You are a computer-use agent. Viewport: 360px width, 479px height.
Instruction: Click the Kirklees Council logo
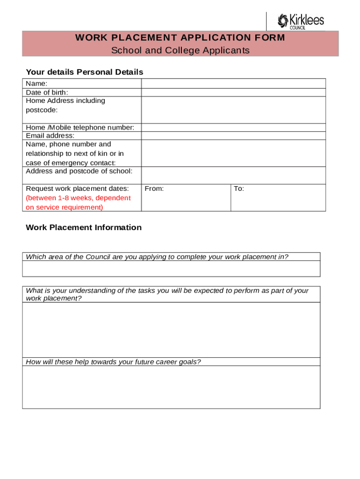(x=300, y=21)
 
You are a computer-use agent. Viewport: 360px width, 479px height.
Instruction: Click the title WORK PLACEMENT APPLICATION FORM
(x=180, y=38)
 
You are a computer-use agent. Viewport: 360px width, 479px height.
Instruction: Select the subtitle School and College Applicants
(x=180, y=51)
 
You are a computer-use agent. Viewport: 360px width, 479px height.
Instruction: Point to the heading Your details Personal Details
(x=84, y=72)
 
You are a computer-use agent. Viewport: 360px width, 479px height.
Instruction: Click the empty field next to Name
(x=233, y=83)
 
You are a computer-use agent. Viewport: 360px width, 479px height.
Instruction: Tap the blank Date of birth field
(x=233, y=92)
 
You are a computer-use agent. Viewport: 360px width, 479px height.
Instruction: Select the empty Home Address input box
(x=233, y=110)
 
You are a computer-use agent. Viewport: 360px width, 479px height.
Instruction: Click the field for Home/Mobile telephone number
(x=233, y=128)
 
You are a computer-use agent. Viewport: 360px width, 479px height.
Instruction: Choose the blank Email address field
(x=233, y=136)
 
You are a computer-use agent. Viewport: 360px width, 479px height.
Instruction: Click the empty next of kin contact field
(x=233, y=153)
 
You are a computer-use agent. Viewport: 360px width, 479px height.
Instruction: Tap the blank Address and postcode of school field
(x=233, y=175)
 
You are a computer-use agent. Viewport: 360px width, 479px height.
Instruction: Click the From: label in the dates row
(x=154, y=189)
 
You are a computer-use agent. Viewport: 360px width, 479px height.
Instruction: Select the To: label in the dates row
(x=239, y=189)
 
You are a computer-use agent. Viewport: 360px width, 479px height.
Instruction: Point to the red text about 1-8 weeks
(x=78, y=203)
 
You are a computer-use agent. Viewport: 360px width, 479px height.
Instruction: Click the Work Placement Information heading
(x=84, y=227)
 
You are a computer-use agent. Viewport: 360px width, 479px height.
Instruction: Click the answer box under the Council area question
(x=171, y=269)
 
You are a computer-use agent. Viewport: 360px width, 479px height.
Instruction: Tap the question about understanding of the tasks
(x=167, y=294)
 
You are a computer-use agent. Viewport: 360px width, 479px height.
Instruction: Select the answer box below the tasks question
(x=171, y=330)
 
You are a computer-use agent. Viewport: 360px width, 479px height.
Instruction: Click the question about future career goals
(x=113, y=362)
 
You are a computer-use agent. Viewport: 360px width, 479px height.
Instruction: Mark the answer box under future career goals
(x=171, y=387)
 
